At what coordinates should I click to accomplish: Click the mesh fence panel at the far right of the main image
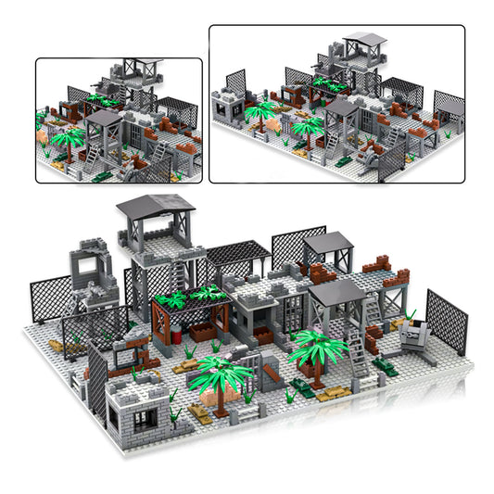tap(447, 320)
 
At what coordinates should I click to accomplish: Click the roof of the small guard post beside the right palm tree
tap(336, 295)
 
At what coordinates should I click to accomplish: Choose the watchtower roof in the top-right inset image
tap(363, 42)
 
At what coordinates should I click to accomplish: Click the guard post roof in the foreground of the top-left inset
tap(103, 118)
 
